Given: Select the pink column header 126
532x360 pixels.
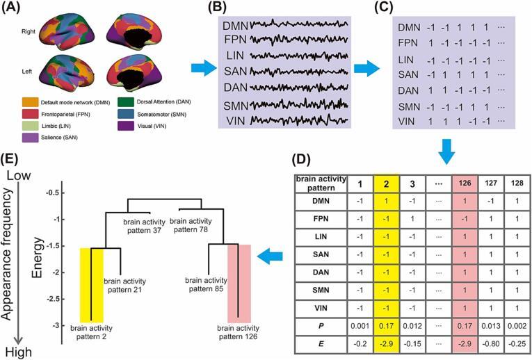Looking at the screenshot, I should [x=465, y=183].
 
